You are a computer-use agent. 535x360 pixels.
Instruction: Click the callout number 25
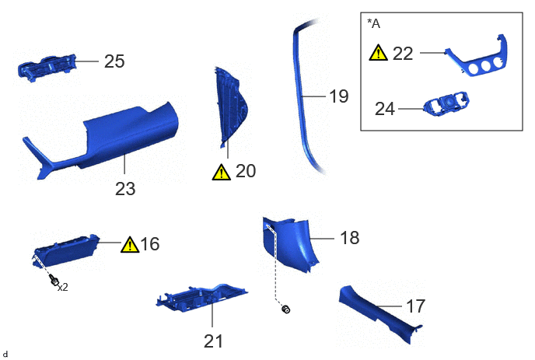coord(114,61)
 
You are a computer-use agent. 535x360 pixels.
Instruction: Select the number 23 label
coord(125,189)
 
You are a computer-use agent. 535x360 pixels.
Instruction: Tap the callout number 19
coord(339,96)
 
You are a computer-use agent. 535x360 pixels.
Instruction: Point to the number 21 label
coord(213,341)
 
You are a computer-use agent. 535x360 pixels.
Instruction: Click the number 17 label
coord(415,306)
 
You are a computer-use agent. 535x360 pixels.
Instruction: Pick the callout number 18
coord(350,237)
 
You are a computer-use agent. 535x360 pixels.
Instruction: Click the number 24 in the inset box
coord(385,109)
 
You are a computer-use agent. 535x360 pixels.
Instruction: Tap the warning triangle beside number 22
coord(378,53)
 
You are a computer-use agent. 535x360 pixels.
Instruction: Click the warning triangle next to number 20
coord(221,172)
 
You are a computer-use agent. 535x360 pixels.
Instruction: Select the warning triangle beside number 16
coord(130,245)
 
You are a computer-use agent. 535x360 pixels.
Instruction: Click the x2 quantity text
coord(63,288)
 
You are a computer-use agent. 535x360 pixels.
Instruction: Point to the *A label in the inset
coord(373,23)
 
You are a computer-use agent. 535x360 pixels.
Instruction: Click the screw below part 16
coord(54,281)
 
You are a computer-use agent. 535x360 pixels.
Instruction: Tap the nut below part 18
coord(286,309)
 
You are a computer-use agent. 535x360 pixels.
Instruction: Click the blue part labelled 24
coord(446,103)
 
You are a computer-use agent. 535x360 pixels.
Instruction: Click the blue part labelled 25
coord(47,68)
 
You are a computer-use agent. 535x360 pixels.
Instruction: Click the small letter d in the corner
coord(5,355)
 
